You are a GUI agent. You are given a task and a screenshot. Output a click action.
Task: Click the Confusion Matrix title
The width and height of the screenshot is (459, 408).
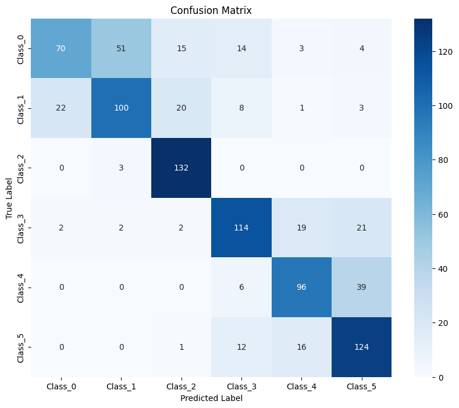(211, 10)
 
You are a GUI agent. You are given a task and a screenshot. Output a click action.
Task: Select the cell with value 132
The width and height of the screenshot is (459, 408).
(181, 168)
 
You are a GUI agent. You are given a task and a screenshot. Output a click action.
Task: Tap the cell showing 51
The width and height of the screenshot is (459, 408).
(121, 48)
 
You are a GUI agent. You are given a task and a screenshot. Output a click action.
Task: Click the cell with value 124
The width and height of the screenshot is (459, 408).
(361, 347)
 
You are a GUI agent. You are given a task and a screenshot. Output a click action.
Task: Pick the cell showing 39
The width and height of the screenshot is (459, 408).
(361, 288)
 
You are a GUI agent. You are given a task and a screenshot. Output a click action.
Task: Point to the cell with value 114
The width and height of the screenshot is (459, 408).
(241, 228)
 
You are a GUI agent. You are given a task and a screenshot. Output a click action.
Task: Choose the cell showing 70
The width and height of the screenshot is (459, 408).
(61, 48)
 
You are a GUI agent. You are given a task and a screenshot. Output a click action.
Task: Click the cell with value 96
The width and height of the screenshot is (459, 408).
(301, 288)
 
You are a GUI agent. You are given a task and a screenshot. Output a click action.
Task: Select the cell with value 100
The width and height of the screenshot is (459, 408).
(121, 108)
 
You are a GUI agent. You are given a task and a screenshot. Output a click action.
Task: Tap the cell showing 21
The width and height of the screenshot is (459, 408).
(361, 228)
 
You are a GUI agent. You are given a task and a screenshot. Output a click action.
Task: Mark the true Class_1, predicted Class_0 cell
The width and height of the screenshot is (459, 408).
(61, 108)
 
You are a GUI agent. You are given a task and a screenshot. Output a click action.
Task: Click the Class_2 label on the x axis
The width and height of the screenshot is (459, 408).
(181, 387)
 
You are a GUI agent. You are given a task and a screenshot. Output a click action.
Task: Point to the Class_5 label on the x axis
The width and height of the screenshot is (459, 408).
(361, 387)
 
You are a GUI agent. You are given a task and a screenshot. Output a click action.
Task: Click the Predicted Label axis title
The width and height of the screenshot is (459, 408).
(211, 399)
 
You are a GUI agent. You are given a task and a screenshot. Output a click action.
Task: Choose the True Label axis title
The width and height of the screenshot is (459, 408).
(9, 198)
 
